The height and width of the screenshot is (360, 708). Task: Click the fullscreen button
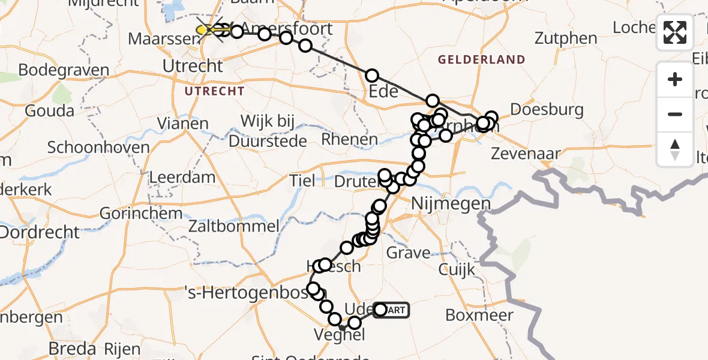(x=675, y=32)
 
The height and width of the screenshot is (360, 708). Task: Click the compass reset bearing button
(x=675, y=149)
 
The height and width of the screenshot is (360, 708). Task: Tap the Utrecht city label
(x=193, y=65)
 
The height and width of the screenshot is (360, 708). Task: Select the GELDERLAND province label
(x=481, y=60)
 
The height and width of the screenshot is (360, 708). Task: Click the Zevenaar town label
(x=525, y=154)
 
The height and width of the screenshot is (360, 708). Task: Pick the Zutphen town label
(x=566, y=38)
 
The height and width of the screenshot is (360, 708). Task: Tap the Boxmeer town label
(x=479, y=316)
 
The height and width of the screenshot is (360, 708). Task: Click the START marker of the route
(x=393, y=310)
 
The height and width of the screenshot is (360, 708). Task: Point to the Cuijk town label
(x=456, y=270)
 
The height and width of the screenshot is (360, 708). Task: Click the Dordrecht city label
(x=40, y=232)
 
